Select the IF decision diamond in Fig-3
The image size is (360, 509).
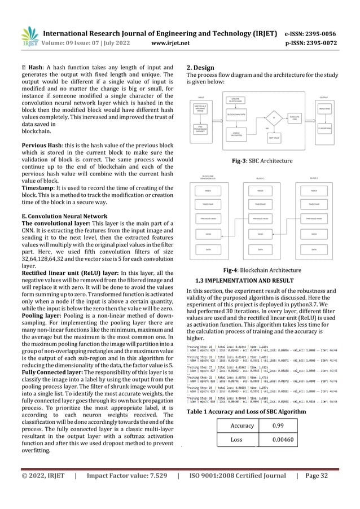click(x=274, y=118)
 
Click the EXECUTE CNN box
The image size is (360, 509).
click(x=294, y=117)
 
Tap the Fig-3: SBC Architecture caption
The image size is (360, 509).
click(x=262, y=161)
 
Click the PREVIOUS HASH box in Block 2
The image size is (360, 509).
click(x=314, y=218)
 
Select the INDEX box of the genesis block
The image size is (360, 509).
click(x=208, y=190)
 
